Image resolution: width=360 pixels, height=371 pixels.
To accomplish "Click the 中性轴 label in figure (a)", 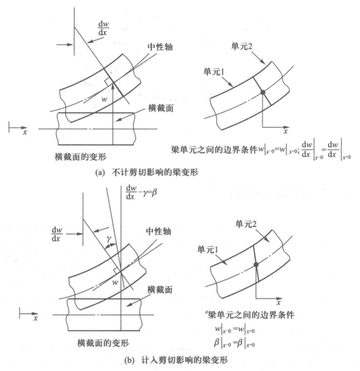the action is pyautogui.click(x=160, y=47).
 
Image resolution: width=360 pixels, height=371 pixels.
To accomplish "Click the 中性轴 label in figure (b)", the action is pyautogui.click(x=159, y=231).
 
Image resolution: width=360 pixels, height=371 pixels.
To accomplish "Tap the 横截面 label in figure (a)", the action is pyautogui.click(x=161, y=108).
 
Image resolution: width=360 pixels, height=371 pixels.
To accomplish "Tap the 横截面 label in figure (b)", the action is pyautogui.click(x=160, y=290).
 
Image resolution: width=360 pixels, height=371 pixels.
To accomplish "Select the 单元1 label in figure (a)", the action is pyautogui.click(x=214, y=71).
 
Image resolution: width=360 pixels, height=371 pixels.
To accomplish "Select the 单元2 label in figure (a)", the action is pyautogui.click(x=242, y=46).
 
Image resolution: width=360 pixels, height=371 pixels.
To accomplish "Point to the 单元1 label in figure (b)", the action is pyautogui.click(x=208, y=249).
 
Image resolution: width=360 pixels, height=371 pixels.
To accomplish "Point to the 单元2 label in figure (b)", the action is pyautogui.click(x=246, y=224).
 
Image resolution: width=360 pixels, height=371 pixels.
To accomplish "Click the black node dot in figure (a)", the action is pyautogui.click(x=263, y=92).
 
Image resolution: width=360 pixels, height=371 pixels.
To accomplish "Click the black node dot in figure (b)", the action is pyautogui.click(x=256, y=264).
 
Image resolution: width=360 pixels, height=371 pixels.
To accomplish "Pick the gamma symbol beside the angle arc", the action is pyautogui.click(x=108, y=239).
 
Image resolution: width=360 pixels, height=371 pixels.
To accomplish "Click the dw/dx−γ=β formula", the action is pyautogui.click(x=142, y=192).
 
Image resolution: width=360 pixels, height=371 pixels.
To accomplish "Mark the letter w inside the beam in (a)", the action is pyautogui.click(x=104, y=99).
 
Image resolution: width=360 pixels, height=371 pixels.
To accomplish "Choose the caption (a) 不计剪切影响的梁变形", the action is pyautogui.click(x=146, y=172).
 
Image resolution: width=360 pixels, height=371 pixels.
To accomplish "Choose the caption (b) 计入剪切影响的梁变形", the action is pyautogui.click(x=176, y=360).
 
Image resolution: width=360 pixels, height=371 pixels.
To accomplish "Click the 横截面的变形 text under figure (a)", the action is pyautogui.click(x=80, y=157).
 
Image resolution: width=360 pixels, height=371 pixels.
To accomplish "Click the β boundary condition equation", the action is pyautogui.click(x=234, y=343).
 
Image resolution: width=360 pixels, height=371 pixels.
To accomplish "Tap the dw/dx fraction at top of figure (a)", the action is pyautogui.click(x=103, y=28).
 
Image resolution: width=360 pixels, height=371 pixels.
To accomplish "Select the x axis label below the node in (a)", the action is pyautogui.click(x=286, y=131).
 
